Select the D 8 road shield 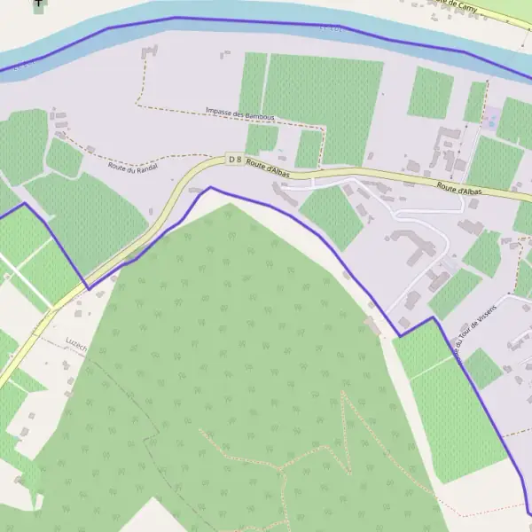234,160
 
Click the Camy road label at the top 458,4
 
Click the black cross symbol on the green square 39,4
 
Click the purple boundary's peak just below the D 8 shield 210,187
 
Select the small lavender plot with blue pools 490,117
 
